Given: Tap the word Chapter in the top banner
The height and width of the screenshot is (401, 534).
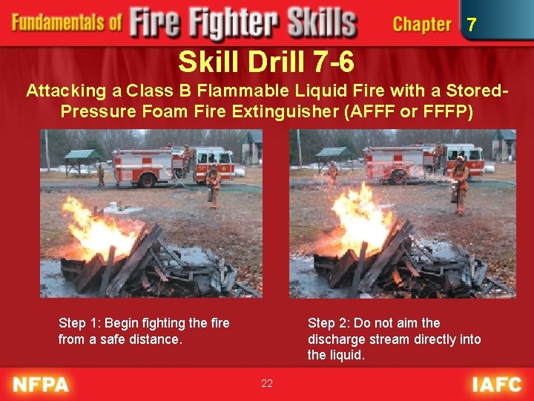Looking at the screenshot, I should pos(421,25).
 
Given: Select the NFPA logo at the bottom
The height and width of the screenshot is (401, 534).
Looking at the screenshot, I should pos(41,385).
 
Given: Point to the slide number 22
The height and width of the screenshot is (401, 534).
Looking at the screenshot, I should pos(267,383).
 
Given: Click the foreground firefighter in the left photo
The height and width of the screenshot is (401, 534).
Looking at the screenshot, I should pos(214,184).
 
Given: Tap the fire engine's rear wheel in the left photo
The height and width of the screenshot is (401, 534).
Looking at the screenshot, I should pos(146,179).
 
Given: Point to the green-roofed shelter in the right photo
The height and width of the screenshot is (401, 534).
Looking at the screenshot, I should pos(335,155).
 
